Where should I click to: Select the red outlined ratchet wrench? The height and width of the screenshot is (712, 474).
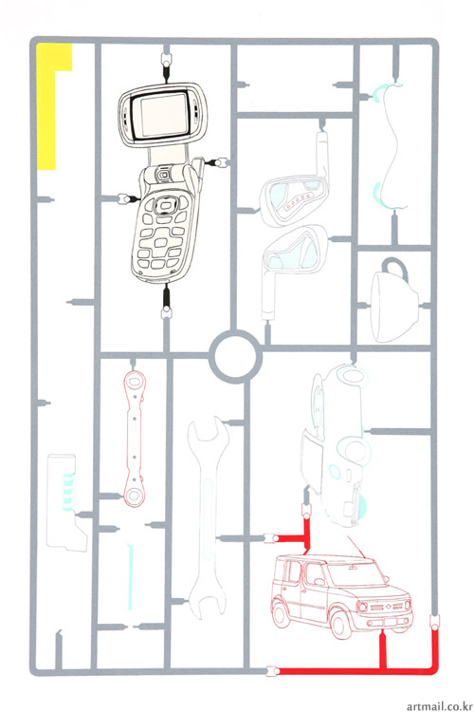tap(135, 439)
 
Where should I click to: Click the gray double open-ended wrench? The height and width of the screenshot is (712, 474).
tap(209, 517)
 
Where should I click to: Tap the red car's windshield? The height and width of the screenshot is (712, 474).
tap(356, 574)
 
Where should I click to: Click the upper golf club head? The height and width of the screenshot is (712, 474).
tap(295, 201)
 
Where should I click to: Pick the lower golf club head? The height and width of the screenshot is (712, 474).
tap(296, 249)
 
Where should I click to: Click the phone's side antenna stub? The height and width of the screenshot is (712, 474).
tap(199, 170)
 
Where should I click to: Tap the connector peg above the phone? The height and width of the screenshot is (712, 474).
tap(166, 59)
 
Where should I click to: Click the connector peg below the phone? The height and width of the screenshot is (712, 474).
tap(167, 312)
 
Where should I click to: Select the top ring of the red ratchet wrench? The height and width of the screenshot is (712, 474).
tap(135, 380)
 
